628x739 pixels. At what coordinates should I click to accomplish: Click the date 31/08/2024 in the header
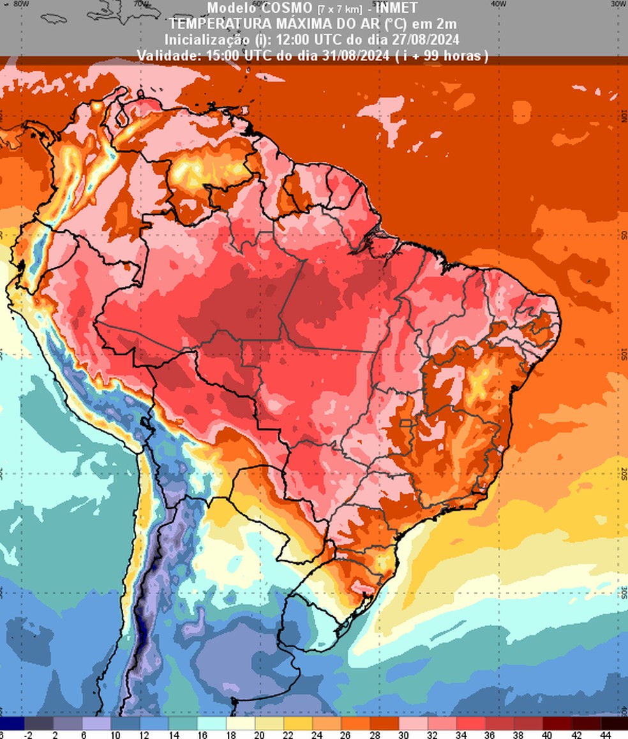[x=351, y=56]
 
